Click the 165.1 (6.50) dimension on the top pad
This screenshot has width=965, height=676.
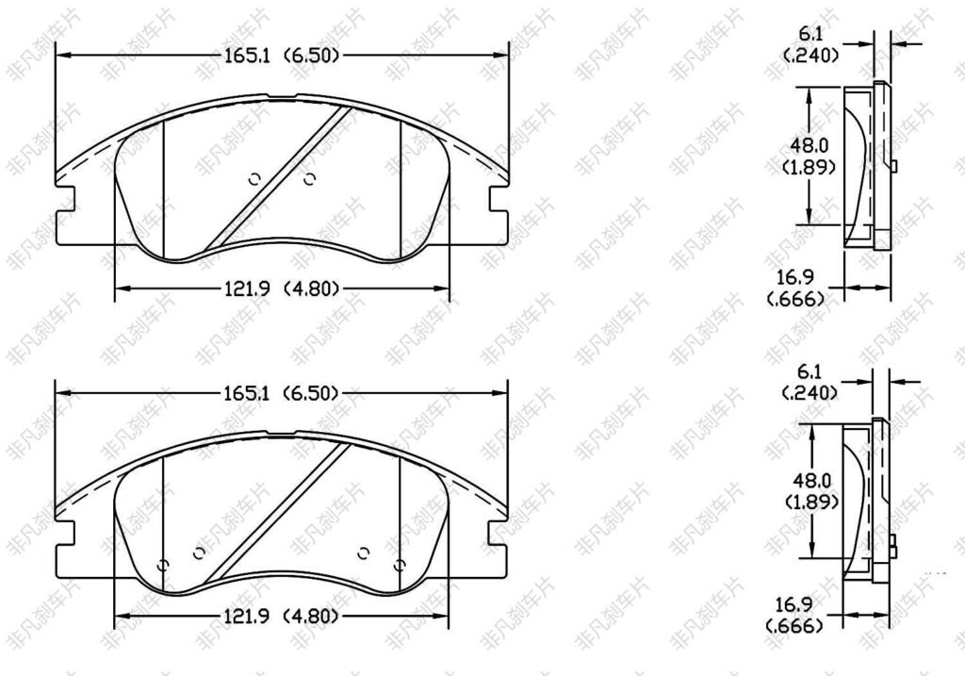coord(281,56)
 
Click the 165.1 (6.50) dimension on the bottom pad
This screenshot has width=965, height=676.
coord(281,393)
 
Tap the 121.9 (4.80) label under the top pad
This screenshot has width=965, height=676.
coord(281,289)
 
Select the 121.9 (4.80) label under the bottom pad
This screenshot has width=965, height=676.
coord(281,616)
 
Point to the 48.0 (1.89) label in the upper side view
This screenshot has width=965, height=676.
coord(810,156)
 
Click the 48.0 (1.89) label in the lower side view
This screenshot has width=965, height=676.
coord(811,490)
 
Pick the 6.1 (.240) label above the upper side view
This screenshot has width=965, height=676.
coord(811,44)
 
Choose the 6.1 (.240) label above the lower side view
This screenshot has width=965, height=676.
coord(810,382)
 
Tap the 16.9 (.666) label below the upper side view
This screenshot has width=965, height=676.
coord(796,289)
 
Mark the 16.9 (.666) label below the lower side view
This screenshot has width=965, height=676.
coord(795,616)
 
